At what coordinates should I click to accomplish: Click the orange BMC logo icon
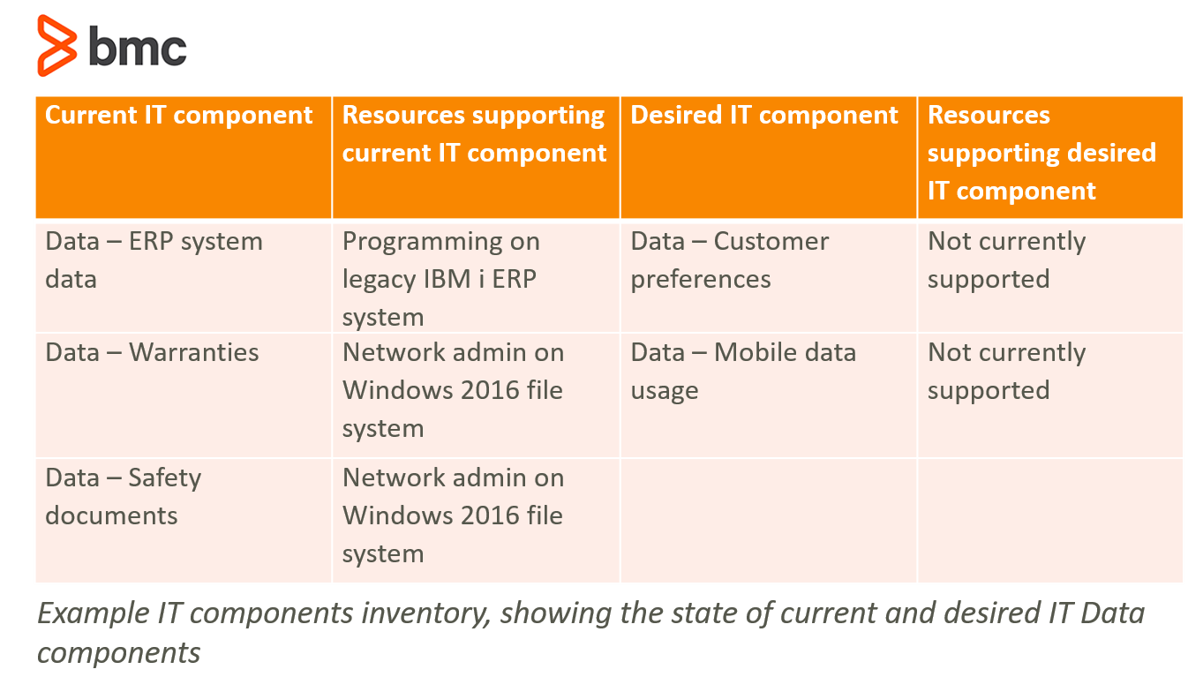[x=56, y=46]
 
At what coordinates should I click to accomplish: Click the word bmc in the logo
[x=138, y=47]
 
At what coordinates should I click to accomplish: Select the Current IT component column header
[x=179, y=115]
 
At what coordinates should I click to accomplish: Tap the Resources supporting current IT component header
[x=474, y=134]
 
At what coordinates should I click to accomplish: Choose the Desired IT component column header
[x=764, y=115]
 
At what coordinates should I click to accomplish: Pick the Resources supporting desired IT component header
[x=1041, y=153]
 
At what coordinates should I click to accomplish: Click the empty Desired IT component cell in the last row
[x=769, y=521]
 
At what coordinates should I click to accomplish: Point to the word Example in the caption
[x=94, y=613]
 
